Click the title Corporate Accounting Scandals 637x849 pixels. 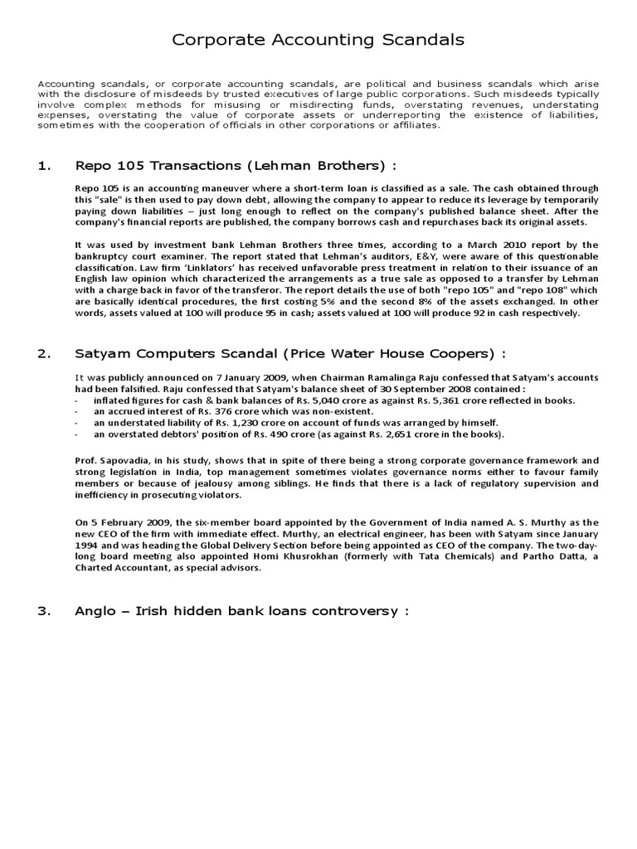318,40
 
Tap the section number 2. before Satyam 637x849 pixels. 44,354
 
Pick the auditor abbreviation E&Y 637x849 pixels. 378,256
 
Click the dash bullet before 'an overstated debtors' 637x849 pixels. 76,434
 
